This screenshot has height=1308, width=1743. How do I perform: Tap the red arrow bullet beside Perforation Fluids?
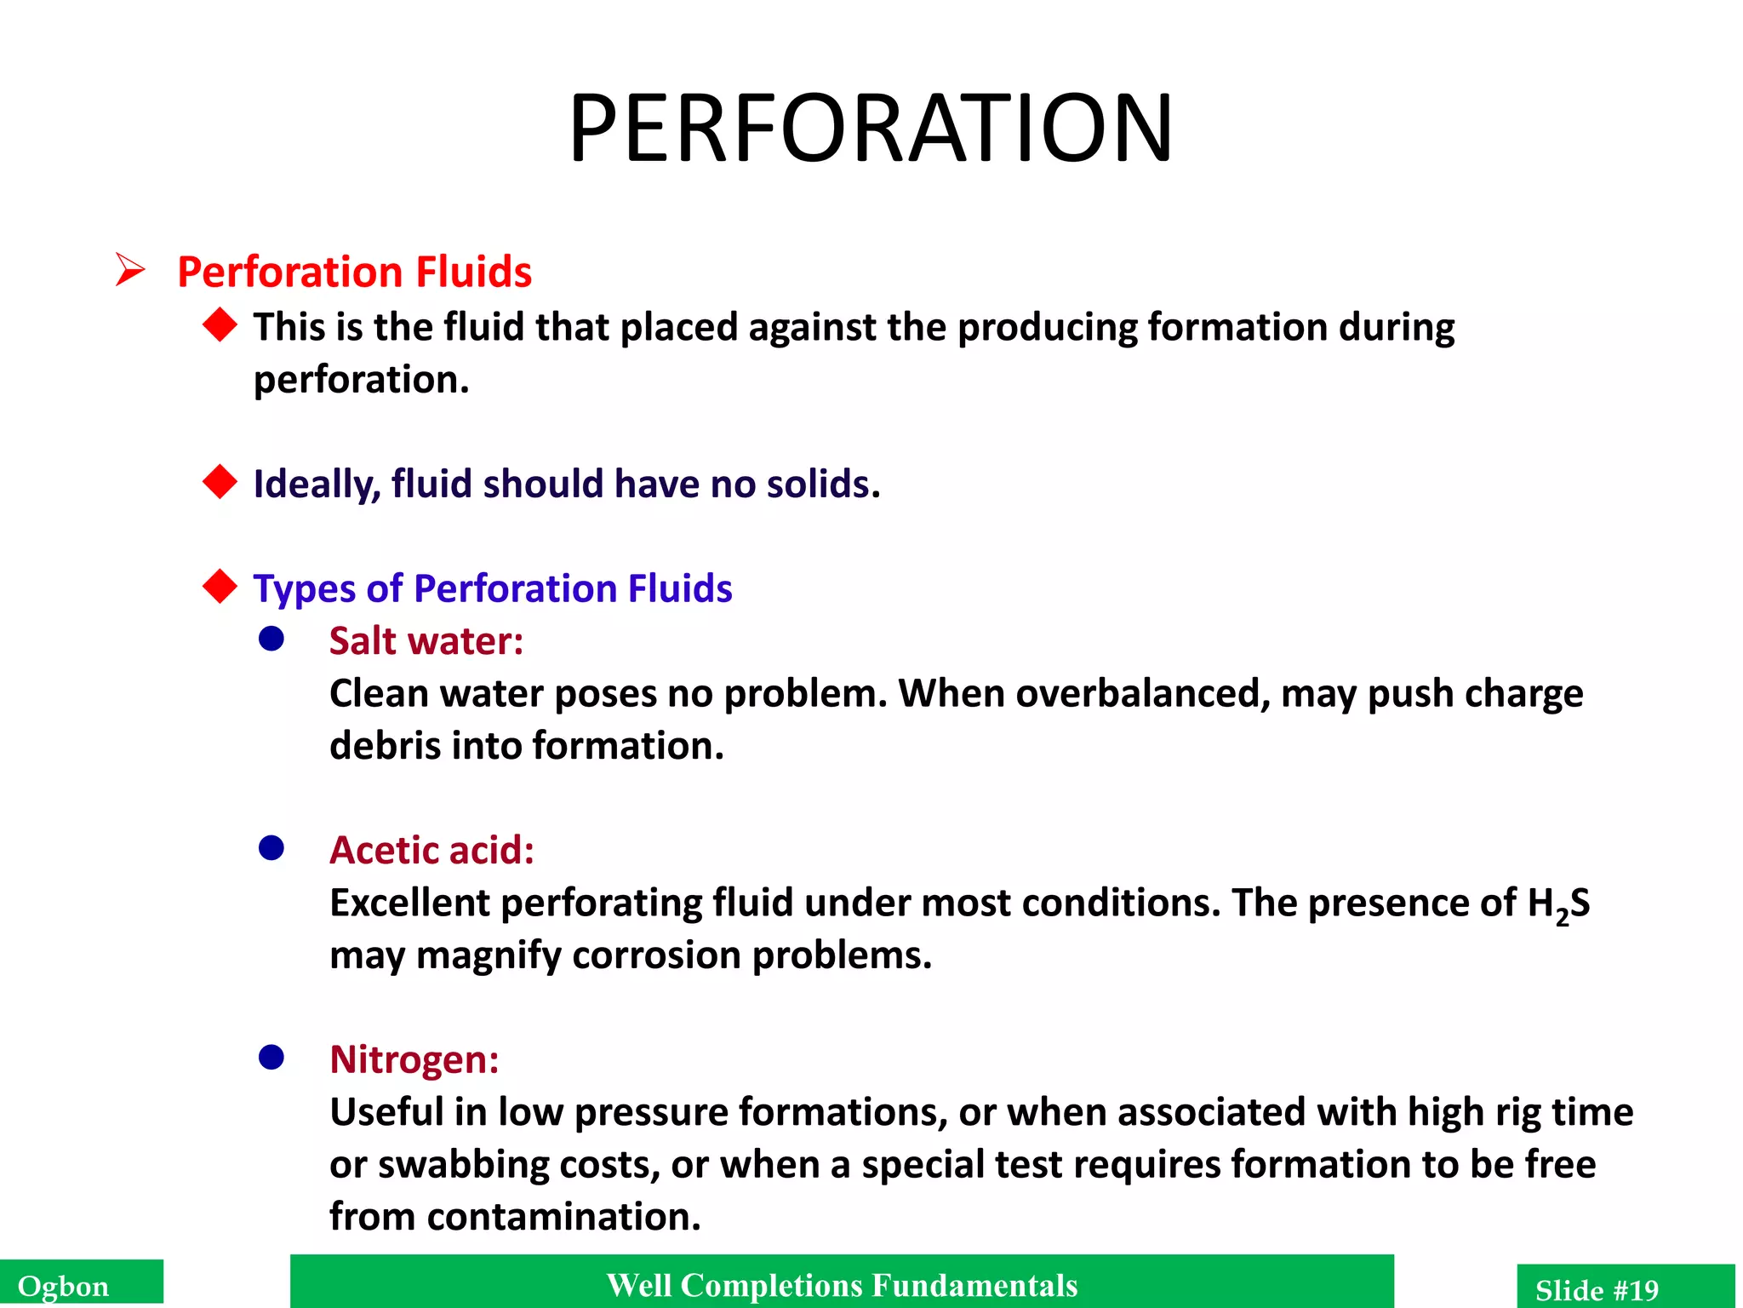click(x=130, y=270)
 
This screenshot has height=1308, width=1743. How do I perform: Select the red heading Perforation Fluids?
click(x=354, y=272)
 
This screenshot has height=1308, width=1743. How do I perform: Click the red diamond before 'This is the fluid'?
click(x=220, y=325)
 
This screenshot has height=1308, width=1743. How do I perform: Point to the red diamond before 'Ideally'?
click(x=220, y=482)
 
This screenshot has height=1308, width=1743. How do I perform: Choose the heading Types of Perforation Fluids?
click(x=492, y=588)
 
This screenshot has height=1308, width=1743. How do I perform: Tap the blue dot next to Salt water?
click(x=271, y=639)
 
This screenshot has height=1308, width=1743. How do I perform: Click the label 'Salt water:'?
click(x=426, y=640)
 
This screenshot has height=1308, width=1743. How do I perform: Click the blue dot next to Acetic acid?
click(x=271, y=848)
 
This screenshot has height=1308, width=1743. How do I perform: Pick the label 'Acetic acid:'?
click(x=431, y=850)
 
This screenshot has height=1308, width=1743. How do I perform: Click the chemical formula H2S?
click(x=1558, y=904)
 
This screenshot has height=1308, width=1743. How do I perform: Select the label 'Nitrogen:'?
click(x=414, y=1059)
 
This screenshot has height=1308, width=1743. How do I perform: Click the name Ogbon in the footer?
click(x=64, y=1286)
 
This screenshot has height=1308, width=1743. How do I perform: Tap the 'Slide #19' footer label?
click(x=1597, y=1289)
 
